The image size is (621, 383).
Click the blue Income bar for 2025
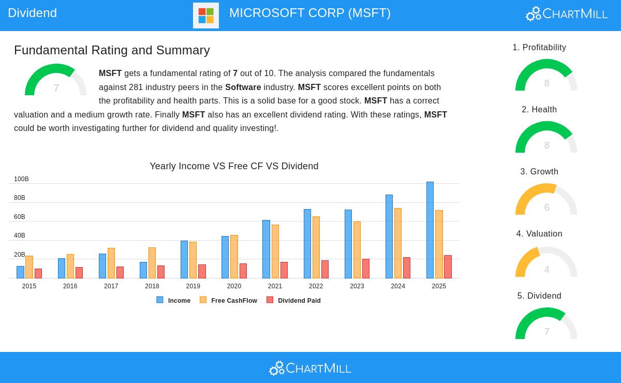(430, 230)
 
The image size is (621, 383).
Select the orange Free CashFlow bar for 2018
(152, 263)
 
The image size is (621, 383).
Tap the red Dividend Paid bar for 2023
(366, 269)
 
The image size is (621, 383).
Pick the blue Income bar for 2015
(20, 272)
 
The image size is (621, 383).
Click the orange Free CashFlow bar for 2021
(275, 252)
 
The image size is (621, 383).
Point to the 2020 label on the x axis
(234, 286)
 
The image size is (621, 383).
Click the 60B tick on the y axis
(20, 217)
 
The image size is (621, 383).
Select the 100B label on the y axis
(21, 179)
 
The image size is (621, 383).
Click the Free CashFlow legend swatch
(203, 300)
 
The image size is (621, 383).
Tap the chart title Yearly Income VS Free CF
(234, 166)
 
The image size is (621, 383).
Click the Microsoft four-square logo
(206, 16)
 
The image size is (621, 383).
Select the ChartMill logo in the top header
(567, 14)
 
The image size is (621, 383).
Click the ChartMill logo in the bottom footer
(310, 368)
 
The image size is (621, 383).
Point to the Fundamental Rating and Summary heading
(112, 50)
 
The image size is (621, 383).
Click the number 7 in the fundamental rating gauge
(56, 89)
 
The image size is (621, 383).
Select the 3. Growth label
(539, 172)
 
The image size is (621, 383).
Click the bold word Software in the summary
(243, 87)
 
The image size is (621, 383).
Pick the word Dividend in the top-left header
(32, 13)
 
